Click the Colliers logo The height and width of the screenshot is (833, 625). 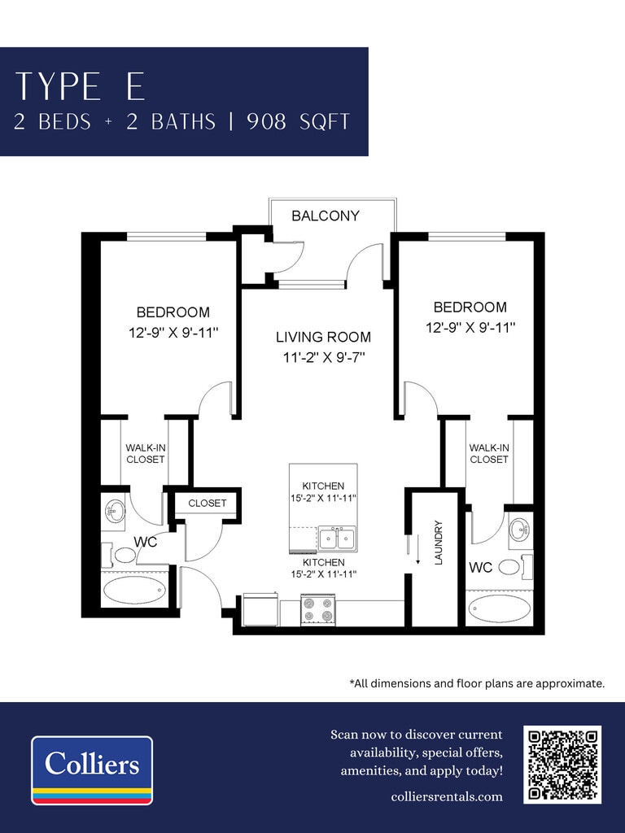point(92,770)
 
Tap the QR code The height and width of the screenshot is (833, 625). point(562,765)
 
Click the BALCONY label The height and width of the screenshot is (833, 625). point(326,216)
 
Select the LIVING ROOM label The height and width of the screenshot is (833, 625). point(323,337)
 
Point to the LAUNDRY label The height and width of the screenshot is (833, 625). point(439,543)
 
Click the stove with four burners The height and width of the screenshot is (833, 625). point(318,609)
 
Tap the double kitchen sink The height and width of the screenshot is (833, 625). point(337,539)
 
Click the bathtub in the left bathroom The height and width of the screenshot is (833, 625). point(134,591)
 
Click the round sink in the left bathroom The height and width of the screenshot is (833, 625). point(114,512)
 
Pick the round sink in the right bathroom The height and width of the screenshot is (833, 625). point(518,530)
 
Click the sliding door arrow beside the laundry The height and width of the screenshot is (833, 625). point(418,549)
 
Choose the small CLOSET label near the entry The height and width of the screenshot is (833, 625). point(208,503)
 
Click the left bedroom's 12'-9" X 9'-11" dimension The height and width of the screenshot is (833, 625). point(174,333)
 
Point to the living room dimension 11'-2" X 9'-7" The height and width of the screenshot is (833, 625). point(323,358)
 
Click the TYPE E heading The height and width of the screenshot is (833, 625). point(81,86)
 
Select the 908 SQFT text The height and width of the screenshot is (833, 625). point(298,122)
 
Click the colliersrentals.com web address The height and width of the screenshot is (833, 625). point(447,796)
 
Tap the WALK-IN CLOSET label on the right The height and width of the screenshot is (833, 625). point(489,454)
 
